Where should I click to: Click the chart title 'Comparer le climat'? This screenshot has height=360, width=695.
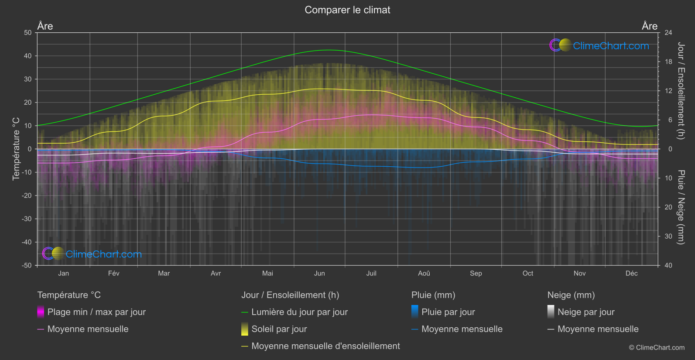[x=347, y=10]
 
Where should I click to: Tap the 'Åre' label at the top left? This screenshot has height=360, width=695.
[x=45, y=26]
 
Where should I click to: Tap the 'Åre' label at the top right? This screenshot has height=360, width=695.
[x=649, y=26]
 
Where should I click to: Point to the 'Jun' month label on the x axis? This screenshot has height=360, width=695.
[x=319, y=273]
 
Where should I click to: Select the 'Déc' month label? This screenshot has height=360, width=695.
[x=631, y=273]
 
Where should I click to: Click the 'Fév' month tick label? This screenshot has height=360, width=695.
[x=113, y=273]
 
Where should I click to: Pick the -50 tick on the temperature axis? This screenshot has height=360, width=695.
[x=27, y=265]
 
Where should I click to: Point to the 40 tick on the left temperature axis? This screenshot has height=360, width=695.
[x=27, y=56]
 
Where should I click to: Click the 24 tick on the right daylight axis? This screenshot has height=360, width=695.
[x=668, y=33]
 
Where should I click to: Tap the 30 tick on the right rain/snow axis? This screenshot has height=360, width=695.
[x=668, y=236]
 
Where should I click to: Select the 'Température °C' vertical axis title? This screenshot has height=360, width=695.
[x=16, y=149]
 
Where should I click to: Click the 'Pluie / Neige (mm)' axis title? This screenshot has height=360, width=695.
[x=681, y=207]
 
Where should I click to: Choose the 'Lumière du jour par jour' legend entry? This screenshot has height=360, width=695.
[x=299, y=312]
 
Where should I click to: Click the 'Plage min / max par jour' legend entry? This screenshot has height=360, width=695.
[x=96, y=312]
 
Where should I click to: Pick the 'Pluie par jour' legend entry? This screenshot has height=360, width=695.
[x=448, y=312]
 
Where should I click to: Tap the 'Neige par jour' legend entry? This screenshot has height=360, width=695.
[x=586, y=312]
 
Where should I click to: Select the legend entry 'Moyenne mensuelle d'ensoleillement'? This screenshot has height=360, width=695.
[x=325, y=346]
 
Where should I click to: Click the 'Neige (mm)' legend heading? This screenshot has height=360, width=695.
[x=571, y=295]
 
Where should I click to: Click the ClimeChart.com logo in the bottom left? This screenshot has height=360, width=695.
[x=92, y=254]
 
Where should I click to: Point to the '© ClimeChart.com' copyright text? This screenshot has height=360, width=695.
[x=657, y=348]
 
